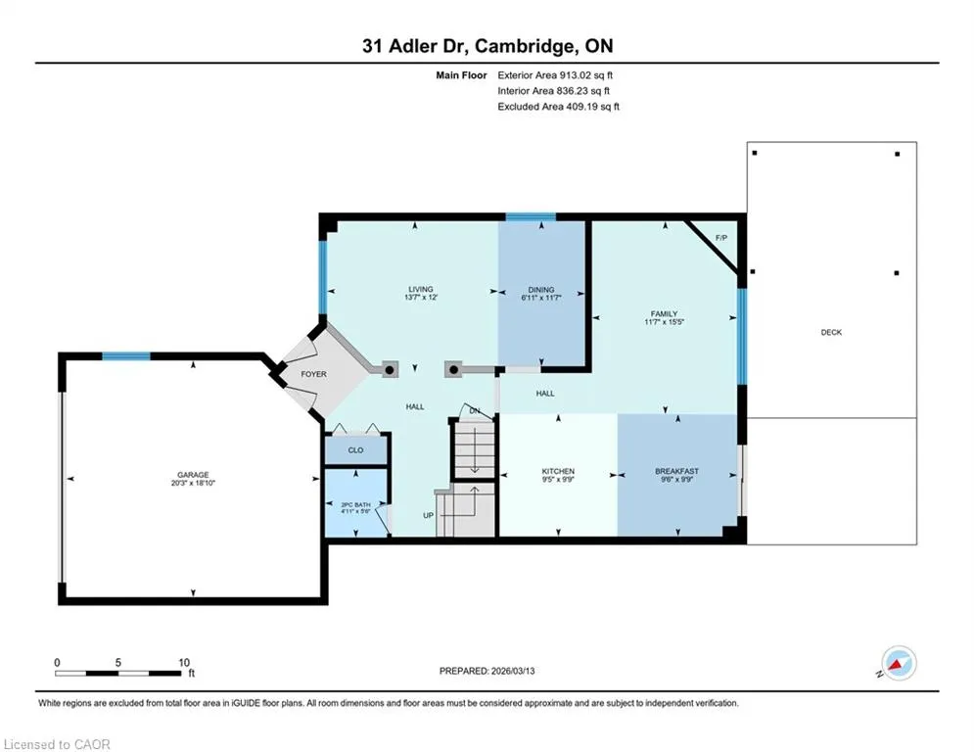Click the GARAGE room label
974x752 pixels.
coord(193,475)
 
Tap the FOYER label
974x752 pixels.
coord(313,374)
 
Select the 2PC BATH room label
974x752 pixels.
coord(356,504)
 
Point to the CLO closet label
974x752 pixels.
coord(356,450)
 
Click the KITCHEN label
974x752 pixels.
coord(558,471)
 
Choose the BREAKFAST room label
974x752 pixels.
coord(677,471)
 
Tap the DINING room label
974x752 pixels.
coord(541,290)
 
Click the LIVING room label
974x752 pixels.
coord(421,289)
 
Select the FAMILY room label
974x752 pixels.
coord(664,314)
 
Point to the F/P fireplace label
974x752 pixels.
coord(721,238)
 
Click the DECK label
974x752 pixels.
coord(831,333)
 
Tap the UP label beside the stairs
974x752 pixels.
coord(428,515)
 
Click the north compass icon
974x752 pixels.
coord(899,663)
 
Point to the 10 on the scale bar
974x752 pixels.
coord(184,663)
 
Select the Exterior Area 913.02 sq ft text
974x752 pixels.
coord(555,75)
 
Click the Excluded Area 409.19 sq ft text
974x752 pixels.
coord(558,107)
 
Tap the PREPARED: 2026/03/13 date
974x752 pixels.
coord(487,671)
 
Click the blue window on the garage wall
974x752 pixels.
coord(126,356)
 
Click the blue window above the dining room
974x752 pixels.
coord(531,217)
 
